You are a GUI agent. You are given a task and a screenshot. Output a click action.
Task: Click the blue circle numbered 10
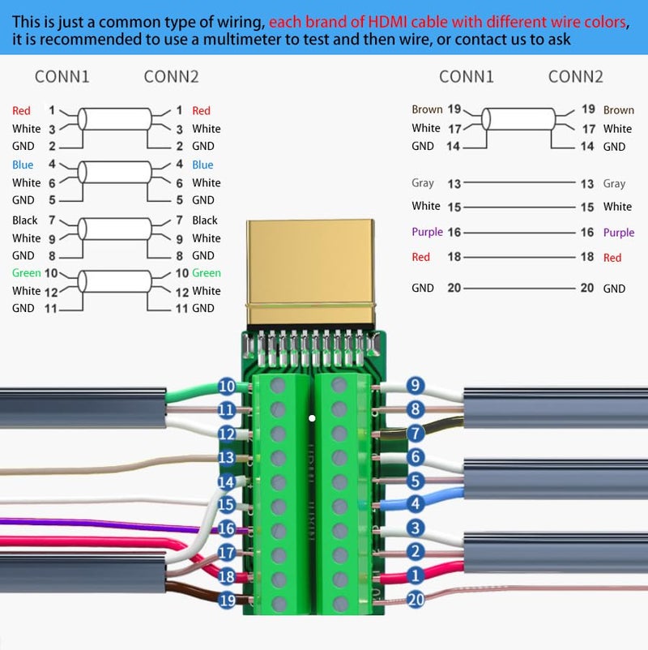(x=227, y=387)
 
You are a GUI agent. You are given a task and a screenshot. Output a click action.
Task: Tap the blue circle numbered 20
(x=416, y=600)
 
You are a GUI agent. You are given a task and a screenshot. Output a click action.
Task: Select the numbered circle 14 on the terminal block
(x=227, y=481)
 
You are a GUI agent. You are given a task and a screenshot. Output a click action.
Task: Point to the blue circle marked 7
(x=416, y=433)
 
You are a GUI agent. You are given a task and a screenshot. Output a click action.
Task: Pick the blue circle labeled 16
(x=227, y=529)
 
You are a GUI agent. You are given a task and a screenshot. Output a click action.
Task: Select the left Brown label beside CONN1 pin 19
(x=427, y=109)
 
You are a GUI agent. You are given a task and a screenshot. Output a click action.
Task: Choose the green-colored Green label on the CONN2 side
(x=207, y=273)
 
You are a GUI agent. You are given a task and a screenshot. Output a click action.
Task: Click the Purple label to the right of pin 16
(x=619, y=233)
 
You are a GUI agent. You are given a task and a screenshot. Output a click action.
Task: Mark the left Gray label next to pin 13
(x=423, y=184)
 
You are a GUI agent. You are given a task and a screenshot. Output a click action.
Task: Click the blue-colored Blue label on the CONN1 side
(x=22, y=165)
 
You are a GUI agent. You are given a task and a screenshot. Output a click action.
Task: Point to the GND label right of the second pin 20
(x=614, y=289)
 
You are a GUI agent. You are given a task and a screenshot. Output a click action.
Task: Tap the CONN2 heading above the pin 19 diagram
(x=575, y=77)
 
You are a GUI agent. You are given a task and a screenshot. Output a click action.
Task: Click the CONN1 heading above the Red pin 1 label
(x=62, y=77)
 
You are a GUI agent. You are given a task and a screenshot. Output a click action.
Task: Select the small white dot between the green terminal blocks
(x=311, y=418)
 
